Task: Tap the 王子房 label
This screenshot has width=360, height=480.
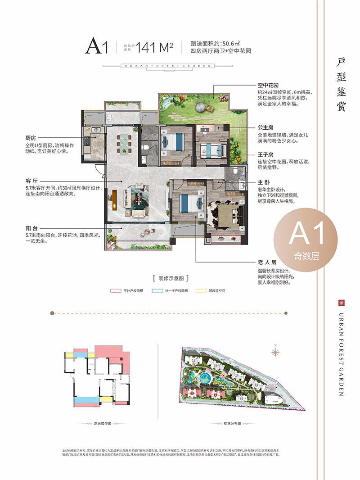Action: pos(265,154)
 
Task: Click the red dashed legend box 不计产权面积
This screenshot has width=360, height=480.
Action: pos(114,291)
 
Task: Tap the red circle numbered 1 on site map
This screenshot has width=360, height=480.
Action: pos(192,394)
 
